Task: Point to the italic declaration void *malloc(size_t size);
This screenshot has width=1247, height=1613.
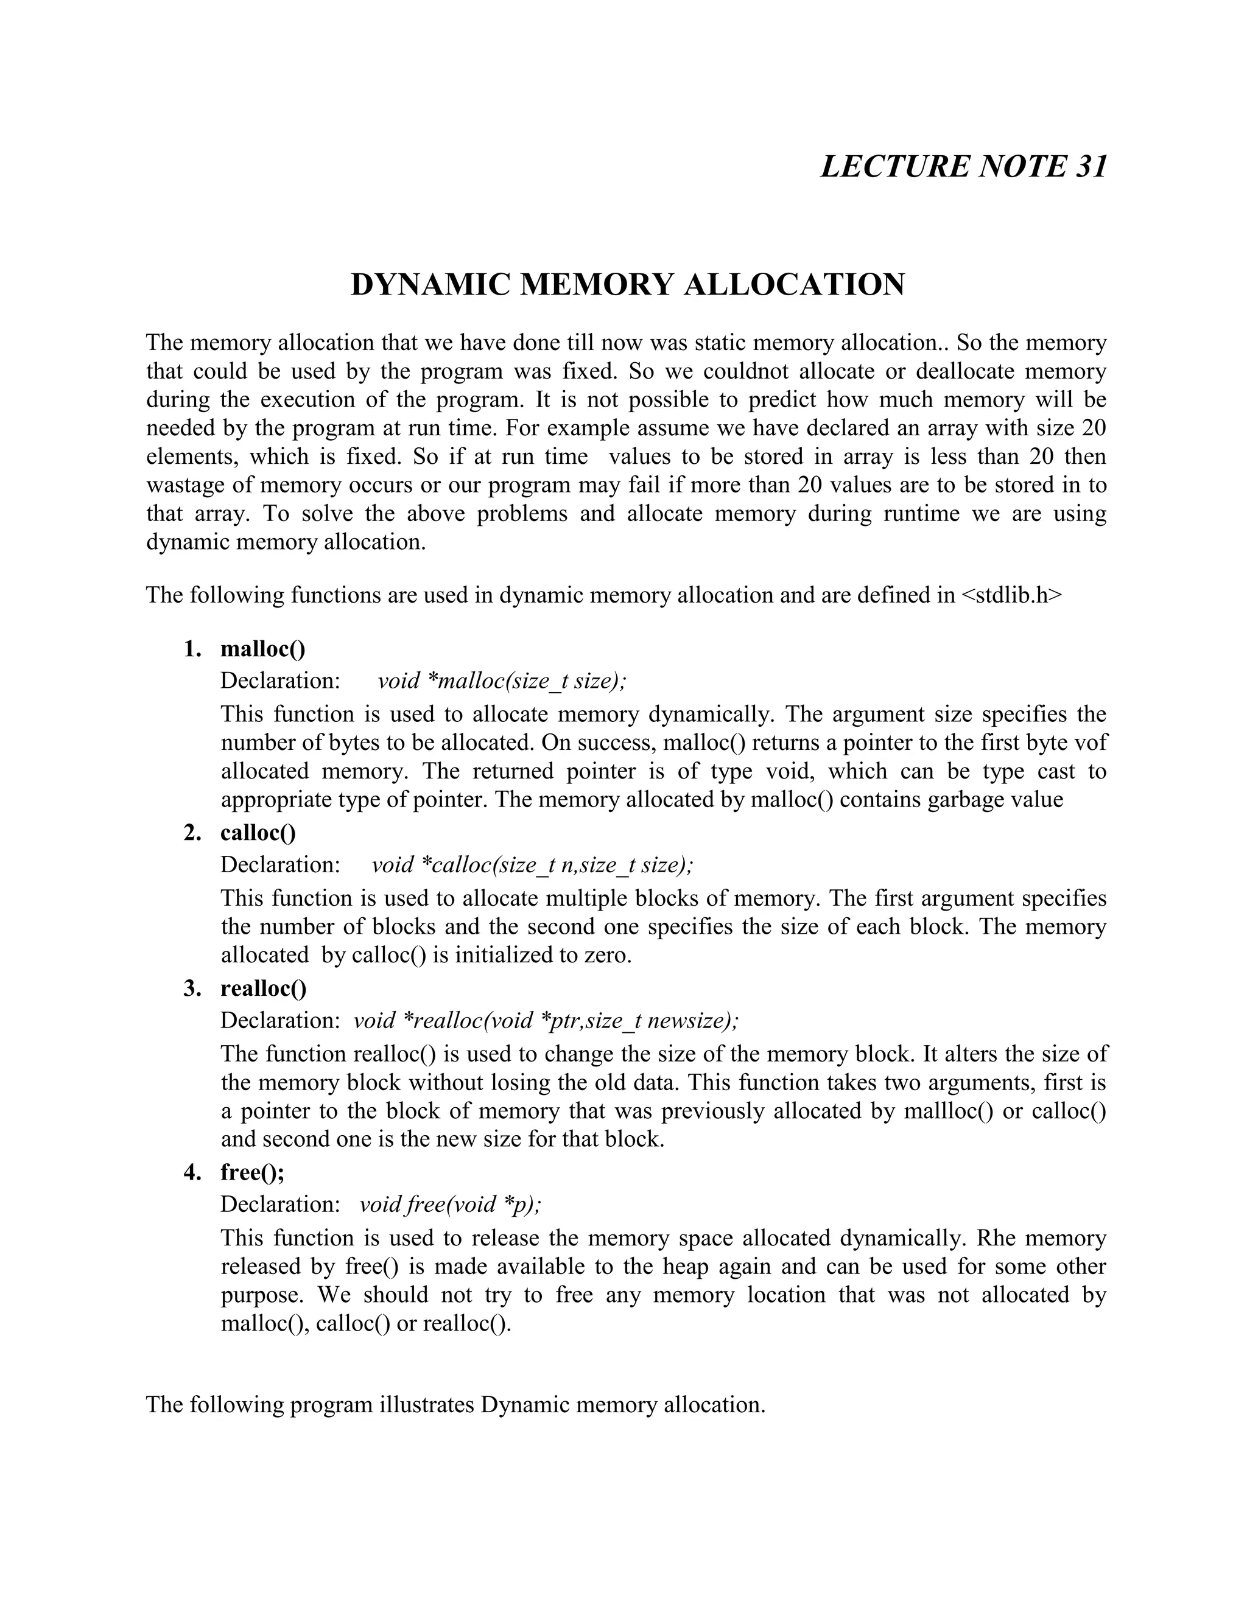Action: tap(502, 681)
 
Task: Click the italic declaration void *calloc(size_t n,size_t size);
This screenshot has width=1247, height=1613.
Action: tap(532, 864)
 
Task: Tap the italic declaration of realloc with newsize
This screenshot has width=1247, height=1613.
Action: tap(546, 1020)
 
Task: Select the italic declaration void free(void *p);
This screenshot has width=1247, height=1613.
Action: tap(450, 1204)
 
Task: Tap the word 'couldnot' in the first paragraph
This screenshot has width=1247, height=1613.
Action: tap(745, 371)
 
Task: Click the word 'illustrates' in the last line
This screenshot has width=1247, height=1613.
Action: tap(426, 1404)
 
